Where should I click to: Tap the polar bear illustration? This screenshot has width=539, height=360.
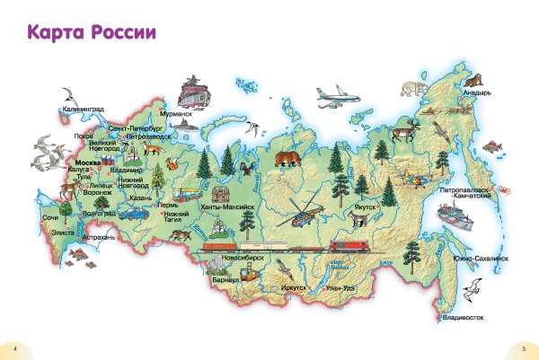414,88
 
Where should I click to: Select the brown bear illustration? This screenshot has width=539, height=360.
287,159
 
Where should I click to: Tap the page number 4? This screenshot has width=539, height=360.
15,347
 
